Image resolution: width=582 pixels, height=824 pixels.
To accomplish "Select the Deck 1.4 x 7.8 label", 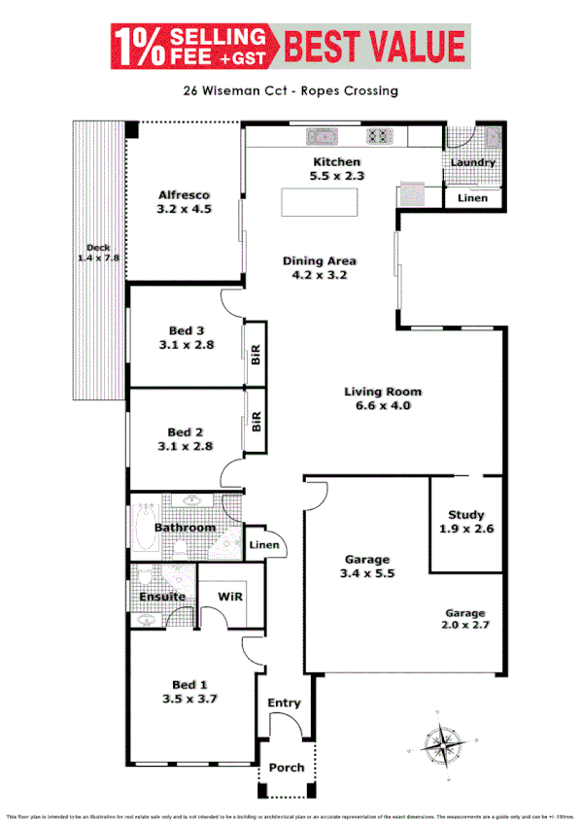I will pos(96,253).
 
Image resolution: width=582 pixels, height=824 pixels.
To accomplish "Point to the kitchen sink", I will pos(321,136).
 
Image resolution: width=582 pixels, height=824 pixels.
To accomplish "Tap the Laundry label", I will pos(472,162).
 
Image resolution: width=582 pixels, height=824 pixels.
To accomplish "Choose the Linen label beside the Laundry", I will pos(472,198).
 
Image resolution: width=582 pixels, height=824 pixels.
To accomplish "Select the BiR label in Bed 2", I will pos(257,421).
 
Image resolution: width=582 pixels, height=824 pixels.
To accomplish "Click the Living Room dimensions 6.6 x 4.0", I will pos(384,406).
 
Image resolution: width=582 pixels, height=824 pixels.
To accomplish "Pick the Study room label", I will pos(465,515).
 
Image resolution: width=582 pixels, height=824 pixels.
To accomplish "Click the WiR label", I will pos(230,595).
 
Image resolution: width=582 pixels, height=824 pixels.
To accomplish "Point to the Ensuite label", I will pos(162,596).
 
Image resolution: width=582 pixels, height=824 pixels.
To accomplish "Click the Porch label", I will pos(287,768).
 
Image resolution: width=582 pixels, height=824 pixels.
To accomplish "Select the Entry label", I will pos(285,703).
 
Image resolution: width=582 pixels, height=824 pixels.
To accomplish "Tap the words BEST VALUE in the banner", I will pos(374,46).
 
